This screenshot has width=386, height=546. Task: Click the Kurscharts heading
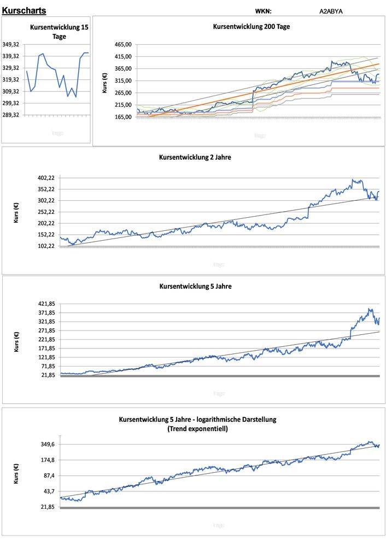pos(24,10)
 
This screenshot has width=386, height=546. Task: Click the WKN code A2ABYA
pos(331,11)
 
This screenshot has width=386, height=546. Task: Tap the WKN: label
pos(263,11)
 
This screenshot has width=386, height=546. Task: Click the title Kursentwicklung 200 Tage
pos(252,27)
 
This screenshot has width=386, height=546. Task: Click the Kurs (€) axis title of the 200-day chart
pos(105,80)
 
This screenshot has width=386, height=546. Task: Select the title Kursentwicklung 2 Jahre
pos(195,157)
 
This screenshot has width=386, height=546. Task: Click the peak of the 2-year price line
pos(353,179)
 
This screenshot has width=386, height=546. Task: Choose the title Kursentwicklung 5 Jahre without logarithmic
pos(195,286)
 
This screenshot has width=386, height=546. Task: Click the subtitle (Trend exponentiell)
pos(197,429)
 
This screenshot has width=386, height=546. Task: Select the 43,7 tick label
pos(48,491)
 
